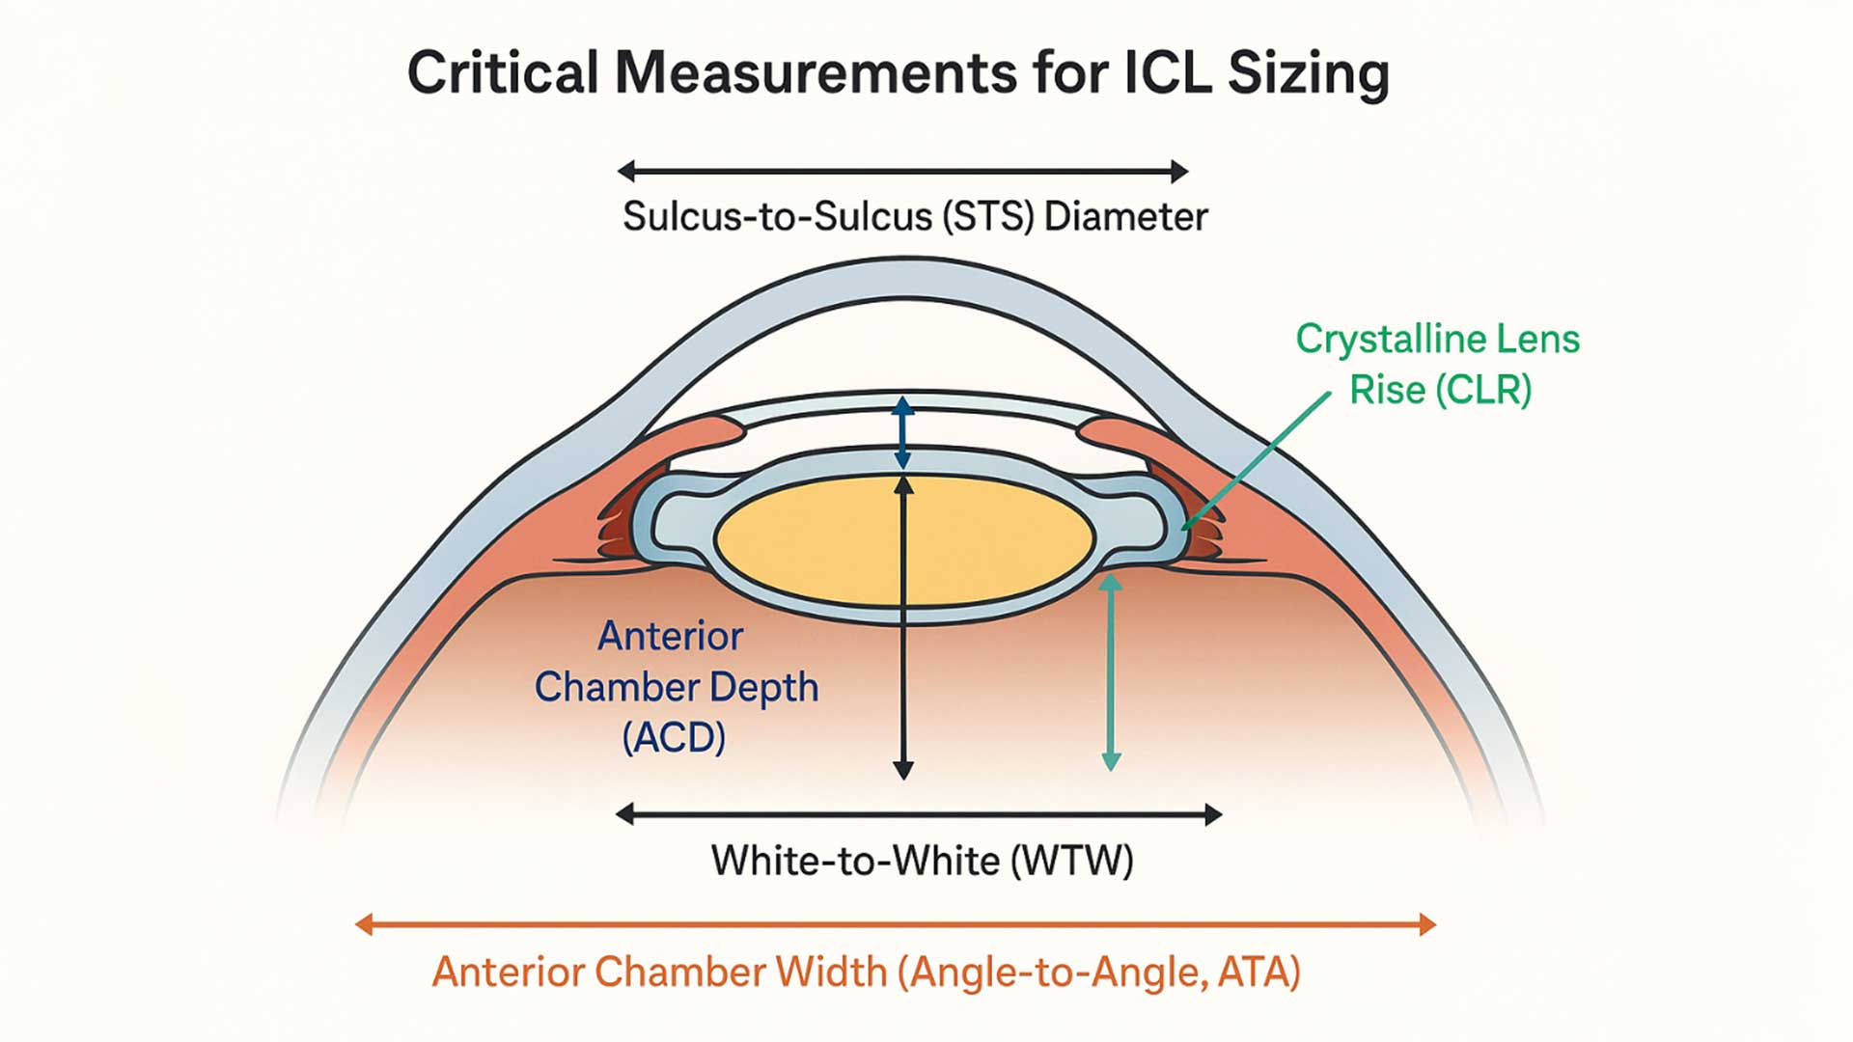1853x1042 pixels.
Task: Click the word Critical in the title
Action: click(502, 73)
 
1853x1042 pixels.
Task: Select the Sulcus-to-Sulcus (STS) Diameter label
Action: click(914, 216)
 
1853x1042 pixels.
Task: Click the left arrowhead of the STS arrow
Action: click(626, 172)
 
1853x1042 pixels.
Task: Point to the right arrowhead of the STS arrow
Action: click(1179, 172)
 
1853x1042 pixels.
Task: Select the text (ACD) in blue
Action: click(674, 738)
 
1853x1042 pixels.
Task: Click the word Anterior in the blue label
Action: click(671, 636)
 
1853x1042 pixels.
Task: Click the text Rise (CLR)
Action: click(1440, 390)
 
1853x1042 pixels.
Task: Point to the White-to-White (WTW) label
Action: click(922, 860)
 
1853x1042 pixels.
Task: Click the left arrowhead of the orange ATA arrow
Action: click(364, 924)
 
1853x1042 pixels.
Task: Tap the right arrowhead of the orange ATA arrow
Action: click(1427, 924)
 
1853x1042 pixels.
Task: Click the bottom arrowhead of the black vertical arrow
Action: click(903, 770)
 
